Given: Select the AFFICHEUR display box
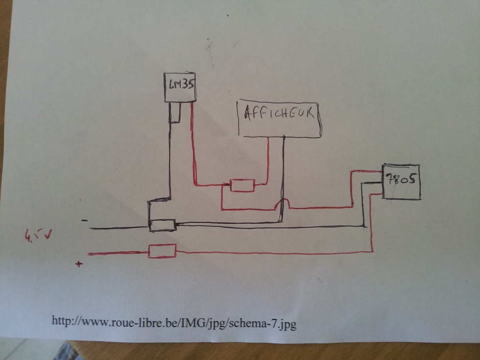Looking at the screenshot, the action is point(279,119).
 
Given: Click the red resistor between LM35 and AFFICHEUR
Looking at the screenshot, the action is point(242,186).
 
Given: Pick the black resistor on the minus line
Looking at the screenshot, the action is point(162,225).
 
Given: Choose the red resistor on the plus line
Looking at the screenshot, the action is point(162,251).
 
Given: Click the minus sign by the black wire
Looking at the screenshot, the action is point(85,221).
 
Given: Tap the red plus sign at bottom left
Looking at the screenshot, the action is point(78,264).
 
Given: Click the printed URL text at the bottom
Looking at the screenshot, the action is point(174,322).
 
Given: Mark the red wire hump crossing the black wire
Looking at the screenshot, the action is point(285,203).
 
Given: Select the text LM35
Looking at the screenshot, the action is point(179,85).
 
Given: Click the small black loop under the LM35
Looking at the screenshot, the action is point(175,114).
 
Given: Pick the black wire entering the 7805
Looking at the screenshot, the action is point(372,183).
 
